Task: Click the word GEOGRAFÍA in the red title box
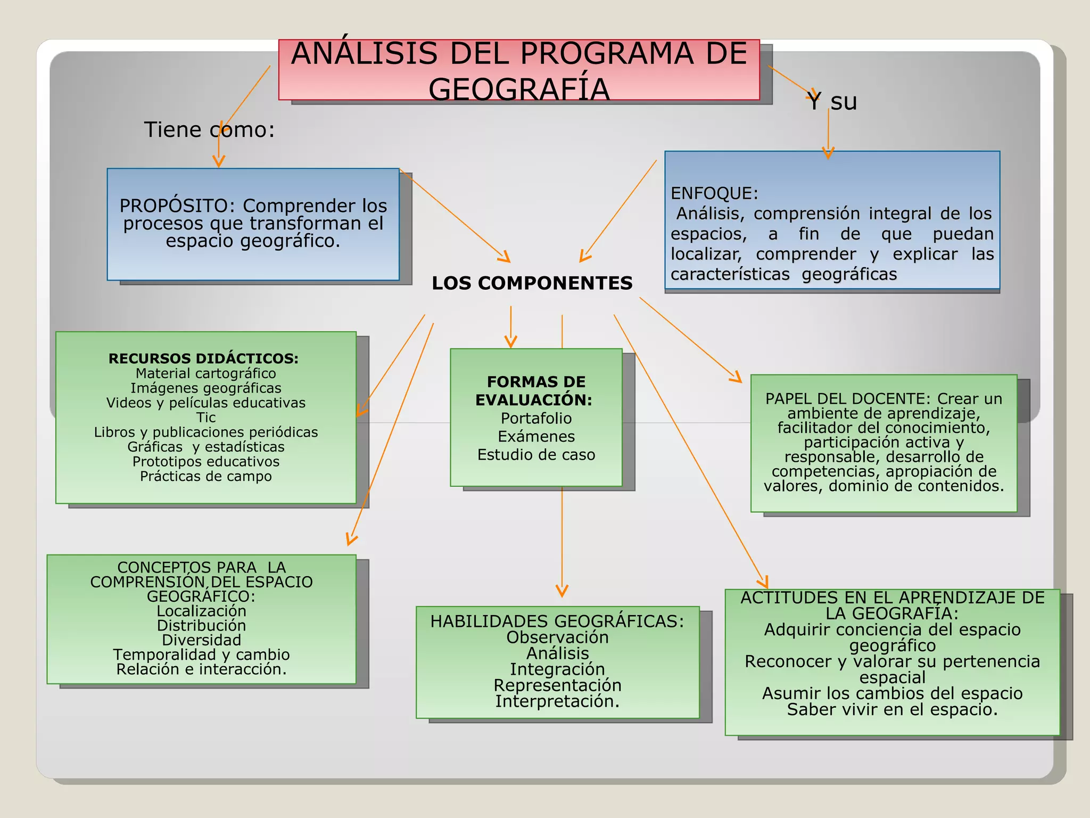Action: click(519, 89)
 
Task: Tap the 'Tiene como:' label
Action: click(209, 129)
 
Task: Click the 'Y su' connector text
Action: click(832, 101)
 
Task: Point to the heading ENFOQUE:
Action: click(714, 193)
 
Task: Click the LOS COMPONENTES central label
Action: click(532, 283)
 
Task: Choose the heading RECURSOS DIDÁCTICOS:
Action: click(203, 358)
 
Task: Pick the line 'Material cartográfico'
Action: click(206, 373)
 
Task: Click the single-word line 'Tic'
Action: click(206, 418)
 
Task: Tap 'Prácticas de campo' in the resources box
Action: click(206, 476)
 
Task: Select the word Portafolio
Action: click(536, 418)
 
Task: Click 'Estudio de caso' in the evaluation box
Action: click(536, 455)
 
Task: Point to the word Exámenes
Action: click(536, 437)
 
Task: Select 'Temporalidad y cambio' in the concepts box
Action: click(201, 655)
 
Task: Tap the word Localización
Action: click(201, 611)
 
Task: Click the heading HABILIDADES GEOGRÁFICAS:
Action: click(557, 621)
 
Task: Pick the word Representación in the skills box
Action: click(557, 685)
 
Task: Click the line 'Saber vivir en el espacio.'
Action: click(892, 709)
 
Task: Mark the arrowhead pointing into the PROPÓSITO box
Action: click(219, 162)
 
